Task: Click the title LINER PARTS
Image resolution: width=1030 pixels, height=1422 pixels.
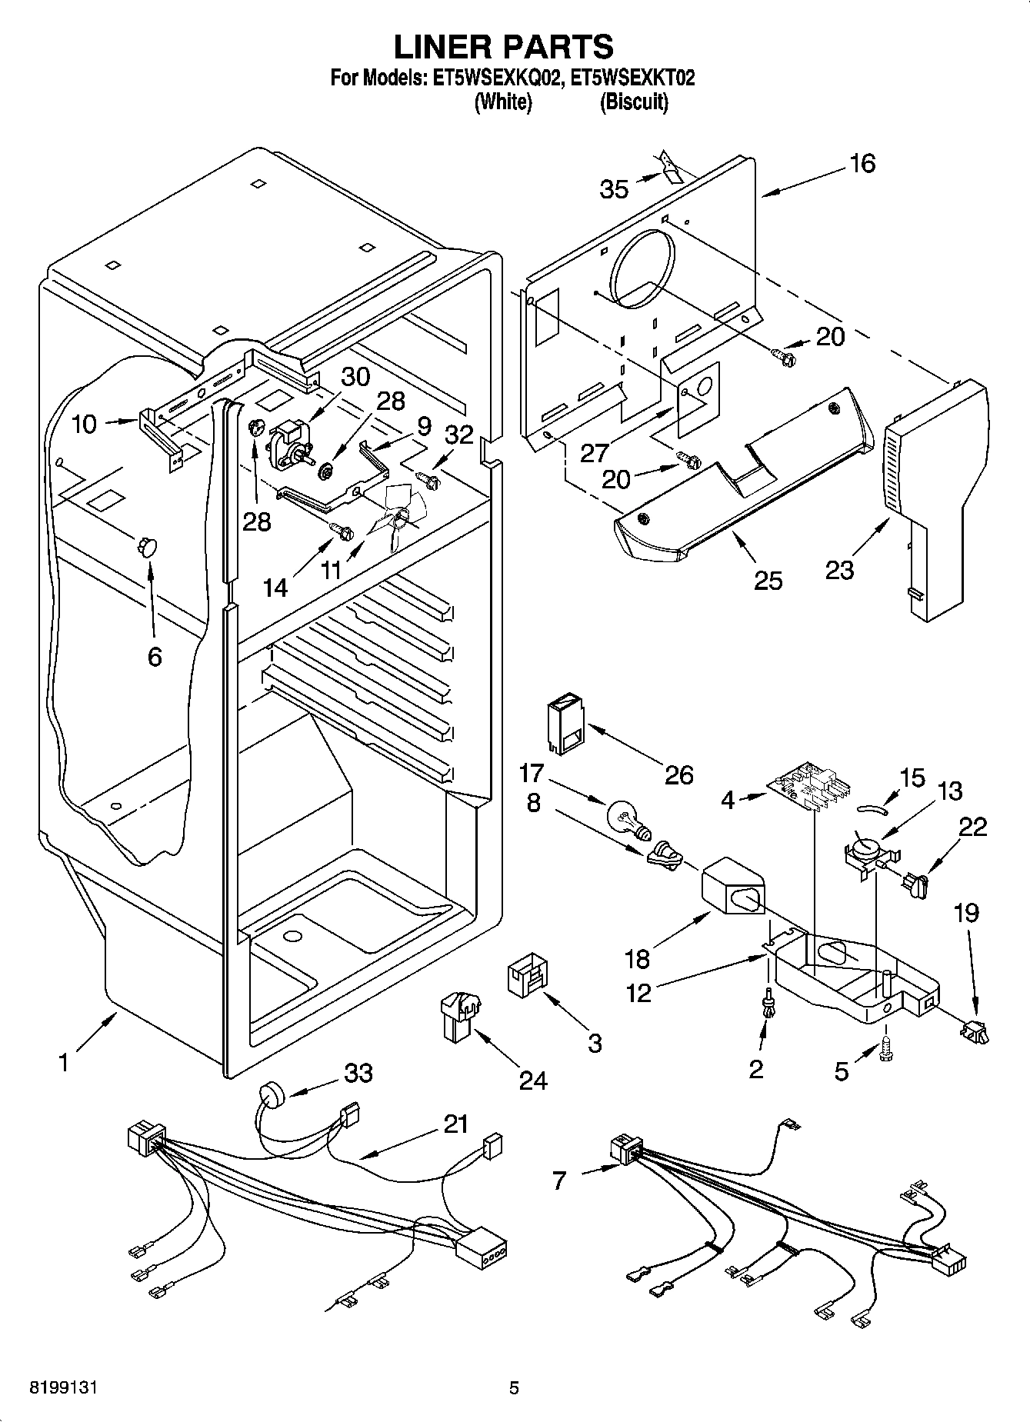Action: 504,48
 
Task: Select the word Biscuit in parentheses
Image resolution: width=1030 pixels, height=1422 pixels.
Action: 633,102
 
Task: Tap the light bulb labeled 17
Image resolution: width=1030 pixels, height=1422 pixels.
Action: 626,818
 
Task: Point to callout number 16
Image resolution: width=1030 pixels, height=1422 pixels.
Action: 862,164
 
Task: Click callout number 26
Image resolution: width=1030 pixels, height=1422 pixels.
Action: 678,774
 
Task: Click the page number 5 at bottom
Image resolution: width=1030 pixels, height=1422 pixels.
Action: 514,1387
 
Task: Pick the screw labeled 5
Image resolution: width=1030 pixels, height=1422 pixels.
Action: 886,1048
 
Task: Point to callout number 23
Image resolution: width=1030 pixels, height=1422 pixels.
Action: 839,570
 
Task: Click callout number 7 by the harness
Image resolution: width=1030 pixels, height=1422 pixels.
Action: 559,1180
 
